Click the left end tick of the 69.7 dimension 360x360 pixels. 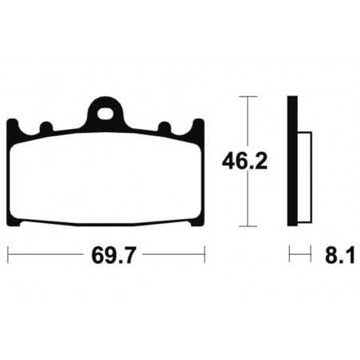(8, 256)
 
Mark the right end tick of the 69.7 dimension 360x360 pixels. (205, 256)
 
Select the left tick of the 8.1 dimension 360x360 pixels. (289, 256)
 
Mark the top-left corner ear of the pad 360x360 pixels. (12, 126)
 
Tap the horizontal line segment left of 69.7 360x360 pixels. (44, 256)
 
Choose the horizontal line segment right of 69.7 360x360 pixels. (171, 256)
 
